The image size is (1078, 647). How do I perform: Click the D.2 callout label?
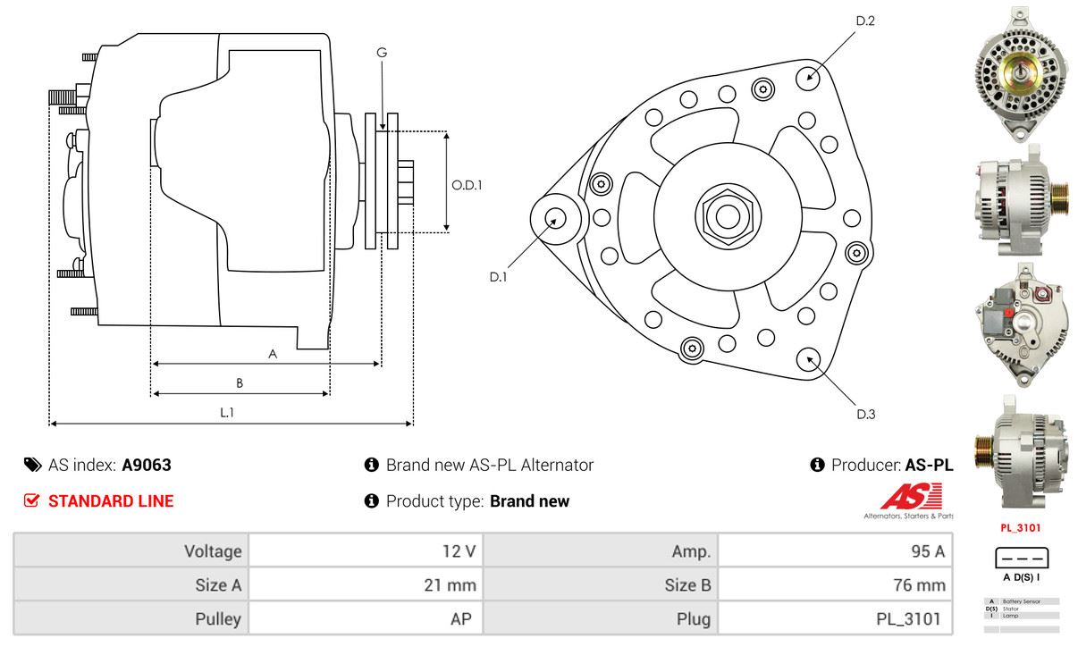864,20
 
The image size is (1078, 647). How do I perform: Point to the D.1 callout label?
498,277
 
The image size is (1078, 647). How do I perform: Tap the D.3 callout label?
865,414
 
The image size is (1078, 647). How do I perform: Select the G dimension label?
382,53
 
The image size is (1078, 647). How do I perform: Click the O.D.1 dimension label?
467,186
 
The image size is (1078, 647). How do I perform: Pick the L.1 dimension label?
228,412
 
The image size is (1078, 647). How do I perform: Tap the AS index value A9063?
147,465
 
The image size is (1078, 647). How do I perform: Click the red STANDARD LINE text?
110,501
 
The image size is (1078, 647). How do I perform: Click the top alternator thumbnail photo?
1016,72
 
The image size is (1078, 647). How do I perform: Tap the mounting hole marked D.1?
554,218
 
